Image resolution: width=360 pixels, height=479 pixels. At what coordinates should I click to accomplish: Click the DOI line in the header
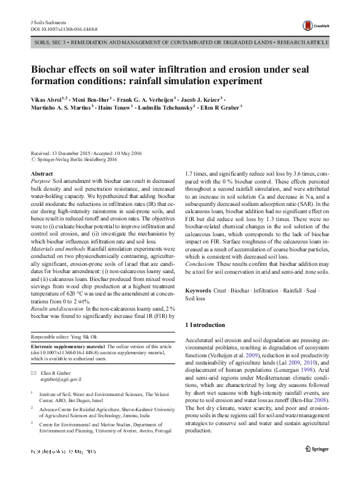click(64, 28)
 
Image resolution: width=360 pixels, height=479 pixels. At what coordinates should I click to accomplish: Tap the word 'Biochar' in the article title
click(51, 69)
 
